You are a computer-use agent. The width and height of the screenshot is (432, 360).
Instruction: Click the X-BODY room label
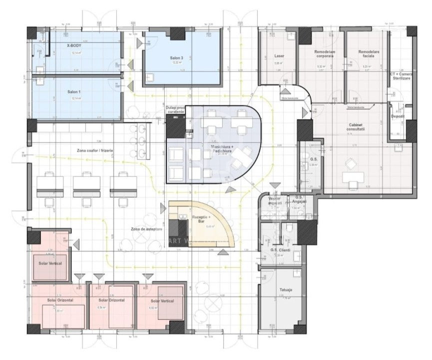click(74, 45)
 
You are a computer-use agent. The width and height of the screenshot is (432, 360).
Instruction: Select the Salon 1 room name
click(75, 92)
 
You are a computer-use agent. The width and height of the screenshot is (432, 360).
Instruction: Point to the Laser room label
click(279, 56)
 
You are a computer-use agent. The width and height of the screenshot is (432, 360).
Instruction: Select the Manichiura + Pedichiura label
click(216, 148)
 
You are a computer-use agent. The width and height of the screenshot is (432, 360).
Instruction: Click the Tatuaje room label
click(280, 290)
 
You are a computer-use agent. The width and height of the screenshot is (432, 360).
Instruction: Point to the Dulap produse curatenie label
click(175, 109)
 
